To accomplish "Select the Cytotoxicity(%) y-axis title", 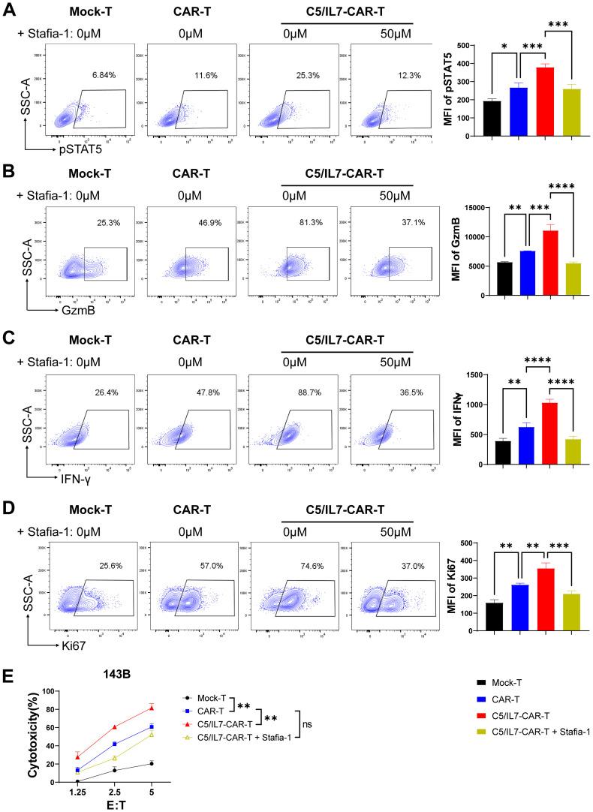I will (x=31, y=736).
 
